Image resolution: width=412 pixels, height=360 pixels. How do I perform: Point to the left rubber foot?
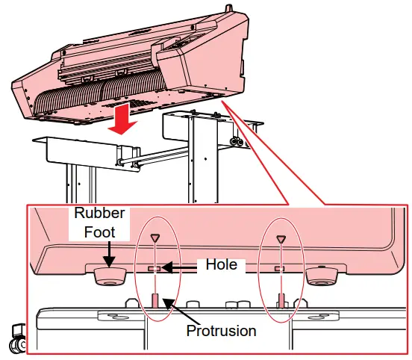109,276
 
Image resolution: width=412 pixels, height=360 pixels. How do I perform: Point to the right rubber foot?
321,276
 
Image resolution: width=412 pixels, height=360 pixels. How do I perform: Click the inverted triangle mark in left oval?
154,238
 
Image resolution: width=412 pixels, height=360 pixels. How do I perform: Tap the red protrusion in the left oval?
154,300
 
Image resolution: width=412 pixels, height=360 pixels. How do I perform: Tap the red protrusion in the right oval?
281,300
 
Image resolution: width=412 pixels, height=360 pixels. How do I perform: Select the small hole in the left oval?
154,267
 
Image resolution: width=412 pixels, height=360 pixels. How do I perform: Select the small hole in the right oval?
279,267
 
